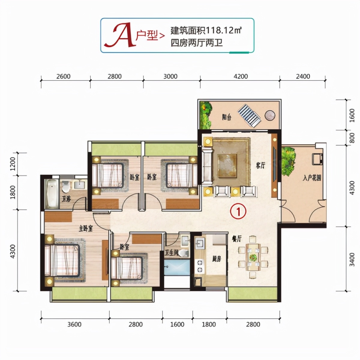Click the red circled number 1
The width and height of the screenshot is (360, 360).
(238, 211)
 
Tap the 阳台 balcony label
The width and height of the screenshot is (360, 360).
(227, 117)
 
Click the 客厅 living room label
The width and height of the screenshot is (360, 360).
(260, 165)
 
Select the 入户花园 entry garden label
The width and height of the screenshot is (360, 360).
(312, 178)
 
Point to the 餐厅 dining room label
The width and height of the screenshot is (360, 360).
(237, 239)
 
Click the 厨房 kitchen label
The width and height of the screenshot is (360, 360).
(217, 259)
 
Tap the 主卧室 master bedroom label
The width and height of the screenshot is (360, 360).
(86, 229)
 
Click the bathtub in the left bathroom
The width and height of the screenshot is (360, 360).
(52, 193)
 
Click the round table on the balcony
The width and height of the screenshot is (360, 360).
(270, 115)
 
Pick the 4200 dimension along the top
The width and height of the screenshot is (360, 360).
(241, 76)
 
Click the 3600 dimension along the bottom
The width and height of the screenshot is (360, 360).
(74, 324)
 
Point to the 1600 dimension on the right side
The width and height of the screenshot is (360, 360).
(352, 115)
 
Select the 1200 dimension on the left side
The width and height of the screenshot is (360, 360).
(13, 164)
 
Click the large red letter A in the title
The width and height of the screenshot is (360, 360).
(120, 36)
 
